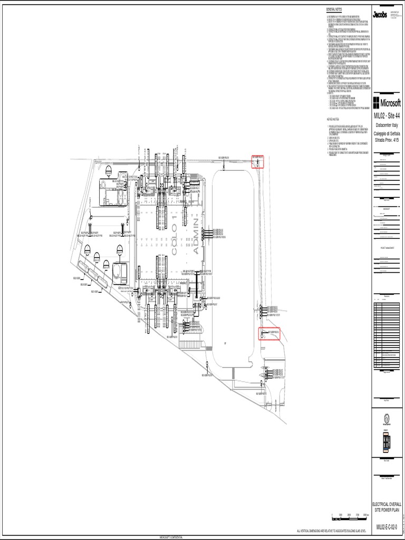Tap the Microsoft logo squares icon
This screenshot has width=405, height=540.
click(x=376, y=102)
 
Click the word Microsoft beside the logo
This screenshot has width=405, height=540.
click(x=391, y=102)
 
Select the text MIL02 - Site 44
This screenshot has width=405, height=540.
click(x=387, y=116)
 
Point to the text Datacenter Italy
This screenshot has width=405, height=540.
click(x=387, y=126)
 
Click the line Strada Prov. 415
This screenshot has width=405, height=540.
click(x=387, y=140)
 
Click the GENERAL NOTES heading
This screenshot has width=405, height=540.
click(x=334, y=10)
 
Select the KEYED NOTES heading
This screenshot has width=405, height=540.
click(x=333, y=119)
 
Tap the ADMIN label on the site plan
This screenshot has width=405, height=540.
click(x=197, y=237)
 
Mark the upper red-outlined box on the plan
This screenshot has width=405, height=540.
click(x=257, y=161)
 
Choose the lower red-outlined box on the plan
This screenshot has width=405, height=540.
click(x=269, y=334)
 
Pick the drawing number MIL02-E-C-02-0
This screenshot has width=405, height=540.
click(x=387, y=527)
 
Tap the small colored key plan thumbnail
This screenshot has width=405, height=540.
click(x=387, y=442)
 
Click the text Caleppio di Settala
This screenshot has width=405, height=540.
click(x=387, y=133)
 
